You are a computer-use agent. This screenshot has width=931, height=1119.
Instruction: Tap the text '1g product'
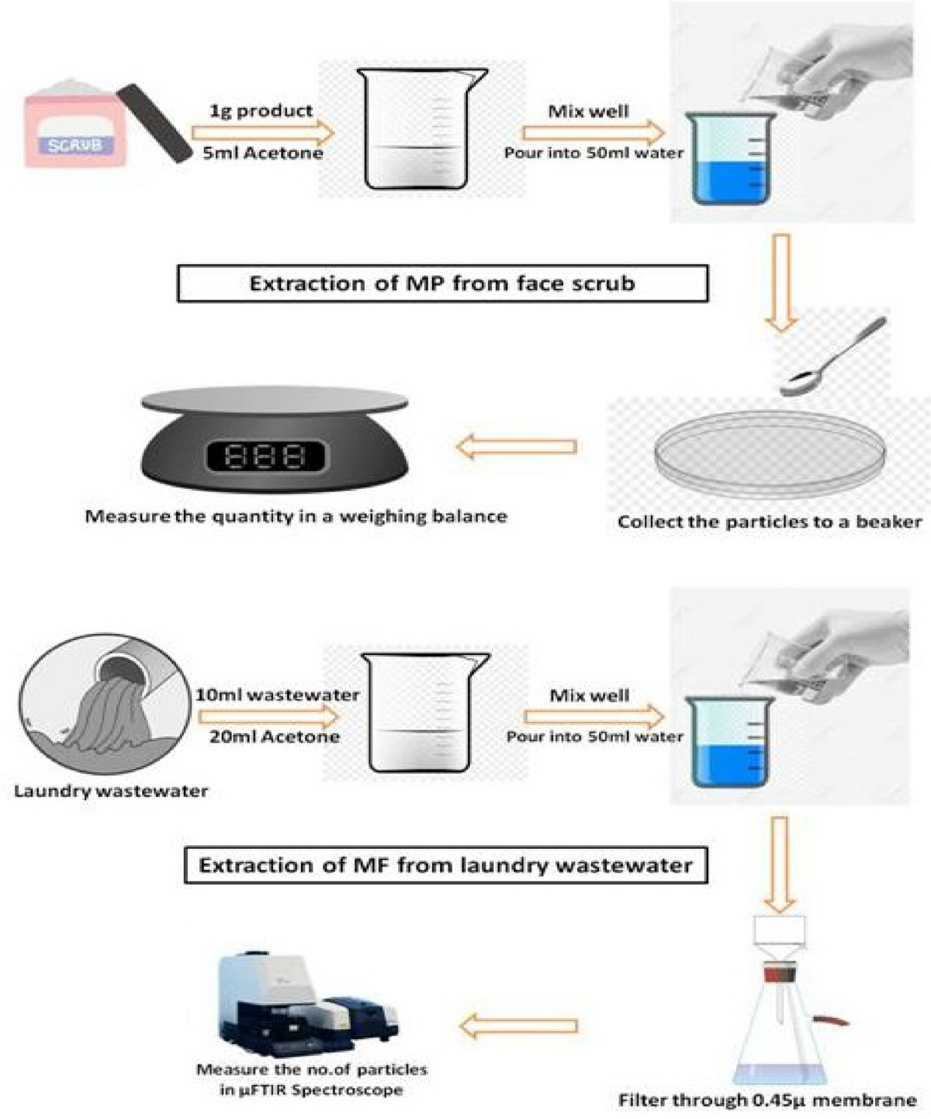coord(261,110)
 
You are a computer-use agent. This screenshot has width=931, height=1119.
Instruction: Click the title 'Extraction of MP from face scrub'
coord(442,283)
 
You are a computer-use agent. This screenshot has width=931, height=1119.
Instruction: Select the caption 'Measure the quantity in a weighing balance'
coord(296,516)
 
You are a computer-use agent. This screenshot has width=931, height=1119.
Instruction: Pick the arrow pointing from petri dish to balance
coord(517,447)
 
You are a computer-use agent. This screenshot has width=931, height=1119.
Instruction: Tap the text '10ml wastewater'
coord(277,695)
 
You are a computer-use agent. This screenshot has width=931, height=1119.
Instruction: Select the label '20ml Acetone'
coord(274,736)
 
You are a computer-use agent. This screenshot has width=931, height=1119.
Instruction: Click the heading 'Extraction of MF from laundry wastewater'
coord(445,865)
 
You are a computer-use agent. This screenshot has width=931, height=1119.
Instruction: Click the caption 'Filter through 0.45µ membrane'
coord(767,1100)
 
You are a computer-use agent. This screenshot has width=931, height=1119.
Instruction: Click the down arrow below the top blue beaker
coord(781,283)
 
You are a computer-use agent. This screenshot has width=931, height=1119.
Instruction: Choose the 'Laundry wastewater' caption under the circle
coord(111,792)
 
